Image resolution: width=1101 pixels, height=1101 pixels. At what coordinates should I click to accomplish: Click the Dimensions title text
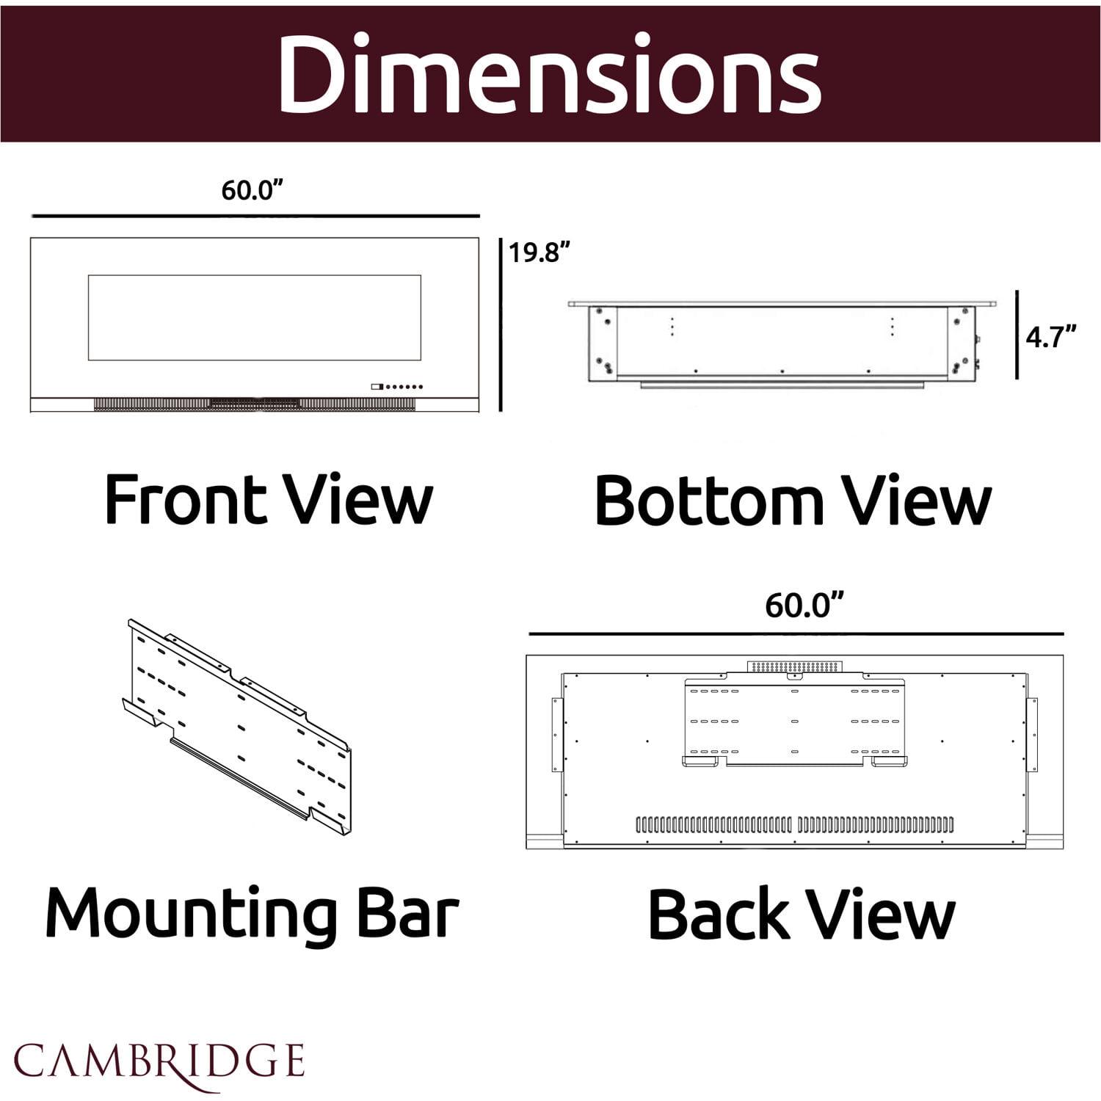pyautogui.click(x=549, y=73)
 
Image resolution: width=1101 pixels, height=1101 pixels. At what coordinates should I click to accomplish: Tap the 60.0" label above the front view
pyautogui.click(x=252, y=190)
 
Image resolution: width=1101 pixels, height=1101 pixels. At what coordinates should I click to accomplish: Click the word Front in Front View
pyautogui.click(x=185, y=500)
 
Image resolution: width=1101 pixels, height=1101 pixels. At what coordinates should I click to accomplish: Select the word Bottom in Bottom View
pyautogui.click(x=708, y=501)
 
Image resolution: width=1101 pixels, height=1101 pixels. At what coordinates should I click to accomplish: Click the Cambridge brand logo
pyautogui.click(x=159, y=1062)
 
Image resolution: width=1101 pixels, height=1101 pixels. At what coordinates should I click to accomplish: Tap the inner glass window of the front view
pyautogui.click(x=255, y=318)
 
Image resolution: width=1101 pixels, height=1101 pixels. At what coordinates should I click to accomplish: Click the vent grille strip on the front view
pyautogui.click(x=255, y=404)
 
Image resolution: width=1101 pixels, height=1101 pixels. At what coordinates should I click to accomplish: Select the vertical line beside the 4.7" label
pyautogui.click(x=1017, y=335)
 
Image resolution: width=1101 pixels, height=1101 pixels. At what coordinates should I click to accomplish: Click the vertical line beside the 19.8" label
pyautogui.click(x=501, y=324)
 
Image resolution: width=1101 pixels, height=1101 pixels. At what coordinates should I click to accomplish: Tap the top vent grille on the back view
pyautogui.click(x=795, y=666)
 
